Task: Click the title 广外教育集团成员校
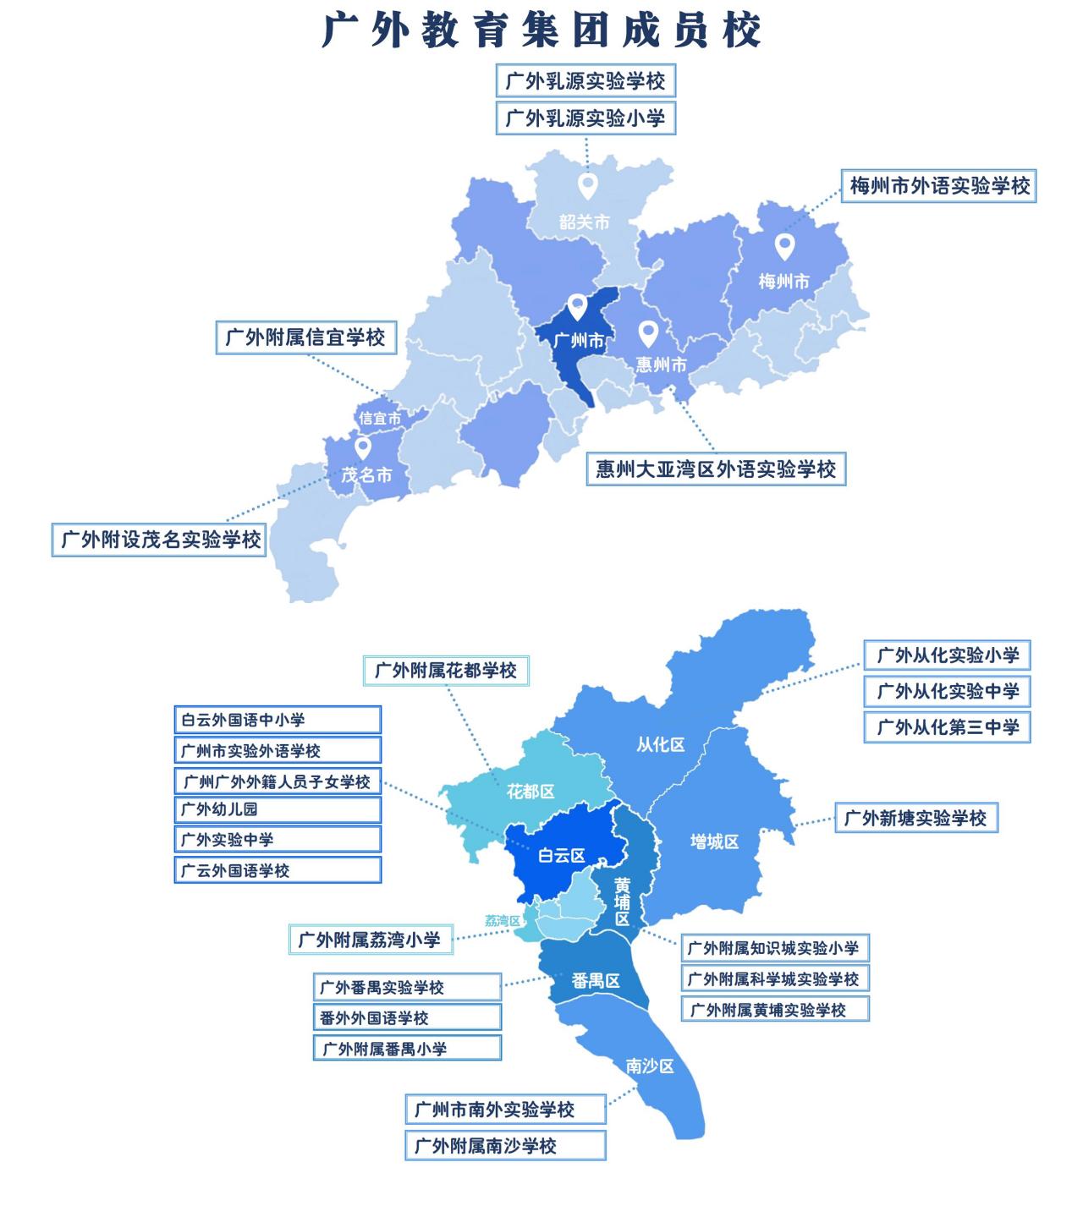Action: pos(541,30)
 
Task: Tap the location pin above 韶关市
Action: pos(587,185)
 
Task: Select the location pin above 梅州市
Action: pos(784,246)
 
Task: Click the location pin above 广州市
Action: pos(577,305)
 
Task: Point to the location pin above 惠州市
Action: pos(648,332)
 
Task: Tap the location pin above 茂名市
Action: pos(363,447)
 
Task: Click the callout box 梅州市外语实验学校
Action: pos(939,186)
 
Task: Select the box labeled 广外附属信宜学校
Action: pos(305,337)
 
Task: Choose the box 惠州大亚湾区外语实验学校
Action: pos(716,469)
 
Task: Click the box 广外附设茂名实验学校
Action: pos(160,539)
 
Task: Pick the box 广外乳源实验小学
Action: pos(585,118)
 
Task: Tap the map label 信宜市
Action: pos(380,418)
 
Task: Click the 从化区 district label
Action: pos(660,745)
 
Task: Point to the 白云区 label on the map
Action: pos(561,856)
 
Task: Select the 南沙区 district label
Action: pos(650,1066)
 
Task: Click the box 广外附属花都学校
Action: pos(445,671)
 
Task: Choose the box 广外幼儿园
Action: pos(278,809)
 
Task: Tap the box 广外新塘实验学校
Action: pos(916,818)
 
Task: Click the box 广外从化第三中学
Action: pos(948,727)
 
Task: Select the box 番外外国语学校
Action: pos(407,1017)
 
